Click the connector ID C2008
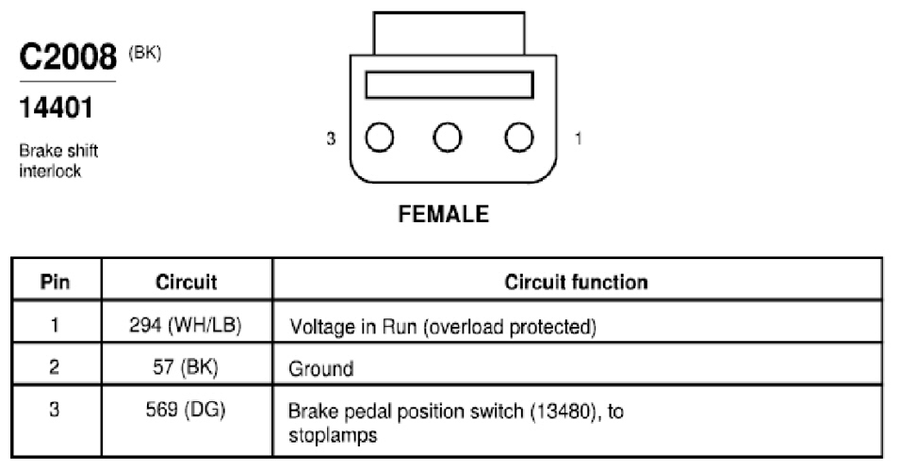[x=68, y=57]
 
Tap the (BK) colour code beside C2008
[x=145, y=54]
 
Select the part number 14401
[x=56, y=107]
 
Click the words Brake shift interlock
[x=57, y=161]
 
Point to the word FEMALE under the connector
[x=443, y=214]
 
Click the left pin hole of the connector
[x=380, y=137]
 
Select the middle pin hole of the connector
[x=448, y=137]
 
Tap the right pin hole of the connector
[x=519, y=137]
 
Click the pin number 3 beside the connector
[x=331, y=138]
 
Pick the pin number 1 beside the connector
[x=578, y=138]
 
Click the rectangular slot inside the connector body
[x=449, y=85]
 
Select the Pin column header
[x=55, y=282]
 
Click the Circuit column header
[x=187, y=282]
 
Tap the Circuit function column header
[x=576, y=282]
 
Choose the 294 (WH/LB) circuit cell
[x=186, y=325]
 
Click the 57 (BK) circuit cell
[x=186, y=366]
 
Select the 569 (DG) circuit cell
[x=186, y=410]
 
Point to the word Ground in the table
[x=321, y=368]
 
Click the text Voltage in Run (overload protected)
[x=443, y=327]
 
